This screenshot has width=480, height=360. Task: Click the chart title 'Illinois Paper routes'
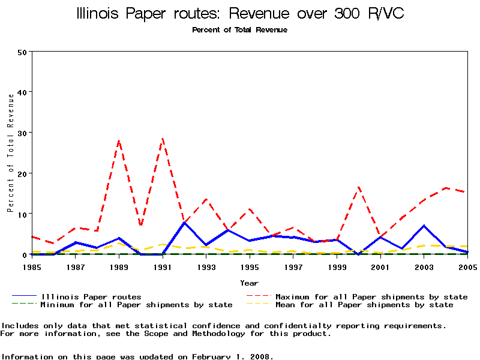[x=157, y=13]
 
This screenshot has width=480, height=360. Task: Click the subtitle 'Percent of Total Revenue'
[x=239, y=30]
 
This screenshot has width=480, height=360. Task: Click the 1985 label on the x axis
[x=32, y=266]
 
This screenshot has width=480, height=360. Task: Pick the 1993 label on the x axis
[x=206, y=266]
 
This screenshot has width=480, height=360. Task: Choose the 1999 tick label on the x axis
[x=337, y=266]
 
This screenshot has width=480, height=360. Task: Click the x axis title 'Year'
[x=249, y=283]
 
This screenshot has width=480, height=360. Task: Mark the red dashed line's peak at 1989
[x=119, y=141]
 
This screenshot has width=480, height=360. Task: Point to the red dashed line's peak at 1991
[x=163, y=139]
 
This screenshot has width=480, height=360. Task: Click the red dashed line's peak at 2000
[x=358, y=187]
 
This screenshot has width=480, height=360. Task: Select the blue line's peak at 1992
[x=184, y=223]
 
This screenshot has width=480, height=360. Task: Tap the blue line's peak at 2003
[x=424, y=226]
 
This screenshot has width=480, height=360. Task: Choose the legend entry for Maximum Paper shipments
[x=371, y=296]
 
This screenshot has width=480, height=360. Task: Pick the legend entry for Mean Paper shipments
[x=364, y=305]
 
